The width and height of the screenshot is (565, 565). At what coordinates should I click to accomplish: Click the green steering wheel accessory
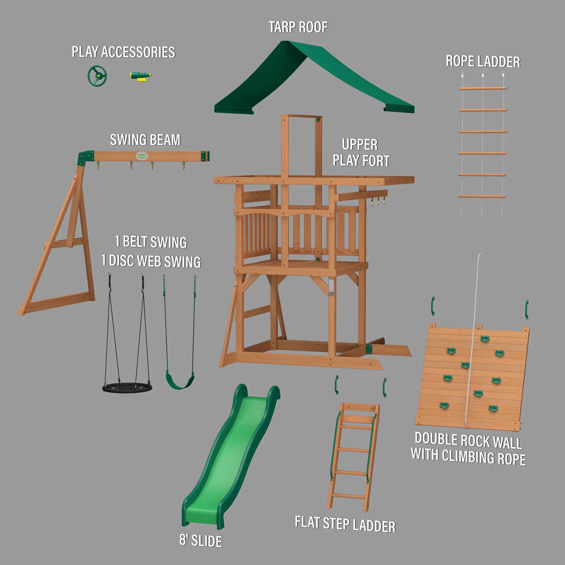[97, 76]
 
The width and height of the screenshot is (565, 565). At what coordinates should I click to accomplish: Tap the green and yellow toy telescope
[140, 76]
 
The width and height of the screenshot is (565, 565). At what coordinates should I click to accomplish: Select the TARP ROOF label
[298, 27]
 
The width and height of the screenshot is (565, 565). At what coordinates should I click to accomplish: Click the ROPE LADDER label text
[483, 61]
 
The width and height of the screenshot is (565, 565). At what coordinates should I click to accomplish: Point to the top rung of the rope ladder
[483, 88]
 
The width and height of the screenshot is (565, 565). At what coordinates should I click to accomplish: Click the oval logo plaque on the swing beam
[142, 156]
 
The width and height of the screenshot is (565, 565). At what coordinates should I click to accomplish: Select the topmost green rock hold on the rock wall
[485, 339]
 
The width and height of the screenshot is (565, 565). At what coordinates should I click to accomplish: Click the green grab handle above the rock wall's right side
[526, 309]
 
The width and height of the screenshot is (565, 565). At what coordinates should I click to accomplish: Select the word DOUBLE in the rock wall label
[436, 439]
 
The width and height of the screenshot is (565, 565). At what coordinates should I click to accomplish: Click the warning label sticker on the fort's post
[331, 287]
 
